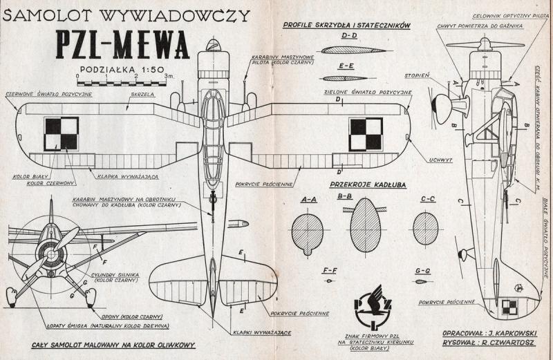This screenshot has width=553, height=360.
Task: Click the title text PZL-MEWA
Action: coord(122,46)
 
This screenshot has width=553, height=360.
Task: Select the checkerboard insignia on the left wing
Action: coord(61,133)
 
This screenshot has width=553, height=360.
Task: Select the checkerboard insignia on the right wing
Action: coord(366,133)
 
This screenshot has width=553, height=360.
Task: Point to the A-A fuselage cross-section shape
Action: coord(308,231)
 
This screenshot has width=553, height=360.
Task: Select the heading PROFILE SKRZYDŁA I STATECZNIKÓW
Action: coord(348,25)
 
